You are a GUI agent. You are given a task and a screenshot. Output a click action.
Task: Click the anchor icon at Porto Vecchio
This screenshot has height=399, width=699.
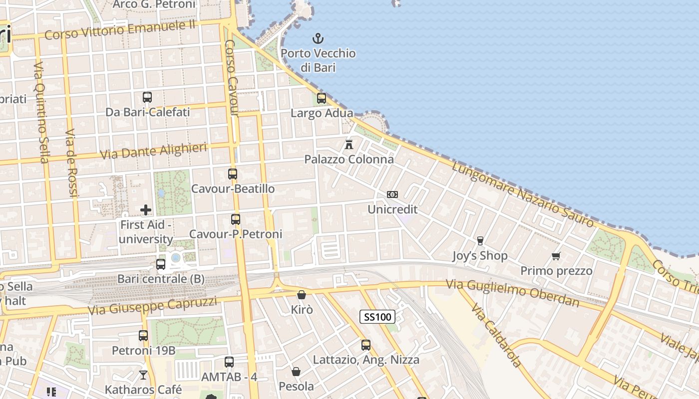pyautogui.click(x=318, y=38)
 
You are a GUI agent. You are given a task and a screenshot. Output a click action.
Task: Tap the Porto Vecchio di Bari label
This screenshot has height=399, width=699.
pyautogui.click(x=318, y=60)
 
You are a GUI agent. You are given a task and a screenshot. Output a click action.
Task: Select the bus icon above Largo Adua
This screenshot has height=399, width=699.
pyautogui.click(x=322, y=98)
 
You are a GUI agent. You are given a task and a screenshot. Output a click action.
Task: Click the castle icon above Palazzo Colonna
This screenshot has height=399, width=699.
pyautogui.click(x=349, y=145)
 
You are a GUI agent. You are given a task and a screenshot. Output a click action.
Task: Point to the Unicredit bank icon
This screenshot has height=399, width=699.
pyautogui.click(x=392, y=195)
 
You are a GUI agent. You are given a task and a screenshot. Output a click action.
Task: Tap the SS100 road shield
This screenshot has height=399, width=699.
pyautogui.click(x=377, y=317)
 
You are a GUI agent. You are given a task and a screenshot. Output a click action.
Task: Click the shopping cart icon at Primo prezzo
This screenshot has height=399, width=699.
pyautogui.click(x=556, y=256)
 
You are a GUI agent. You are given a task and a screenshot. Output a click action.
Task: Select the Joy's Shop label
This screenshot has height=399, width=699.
pyautogui.click(x=479, y=256)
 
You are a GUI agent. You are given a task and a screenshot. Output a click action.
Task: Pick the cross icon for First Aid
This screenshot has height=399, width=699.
pyautogui.click(x=146, y=210)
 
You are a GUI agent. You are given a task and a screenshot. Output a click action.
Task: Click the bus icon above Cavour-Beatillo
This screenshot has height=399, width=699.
pyautogui.click(x=233, y=174)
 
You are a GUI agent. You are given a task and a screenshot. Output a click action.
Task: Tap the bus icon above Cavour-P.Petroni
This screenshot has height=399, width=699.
pyautogui.click(x=236, y=219)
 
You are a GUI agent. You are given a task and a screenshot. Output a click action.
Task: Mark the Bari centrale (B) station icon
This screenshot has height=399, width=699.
pyautogui.click(x=161, y=264)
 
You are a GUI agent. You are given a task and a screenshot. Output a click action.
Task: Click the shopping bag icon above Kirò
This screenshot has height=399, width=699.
pyautogui.click(x=302, y=295)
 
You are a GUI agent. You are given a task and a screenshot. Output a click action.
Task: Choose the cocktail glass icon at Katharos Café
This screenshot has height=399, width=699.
pyautogui.click(x=143, y=375)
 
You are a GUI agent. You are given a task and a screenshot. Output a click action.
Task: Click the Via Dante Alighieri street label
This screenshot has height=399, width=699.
pyautogui.click(x=154, y=151)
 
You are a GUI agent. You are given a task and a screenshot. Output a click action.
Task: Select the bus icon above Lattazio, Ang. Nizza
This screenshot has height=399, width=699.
pyautogui.click(x=366, y=345)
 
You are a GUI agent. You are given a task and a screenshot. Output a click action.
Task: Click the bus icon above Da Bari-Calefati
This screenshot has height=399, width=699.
pyautogui.click(x=147, y=97)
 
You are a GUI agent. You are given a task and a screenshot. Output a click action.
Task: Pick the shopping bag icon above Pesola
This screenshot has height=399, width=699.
pyautogui.click(x=296, y=372)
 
